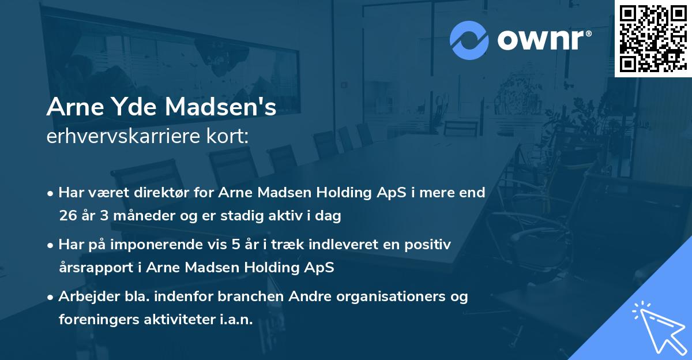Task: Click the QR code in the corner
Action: coord(653,38)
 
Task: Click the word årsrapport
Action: coord(95,268)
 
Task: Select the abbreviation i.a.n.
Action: coord(236,320)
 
